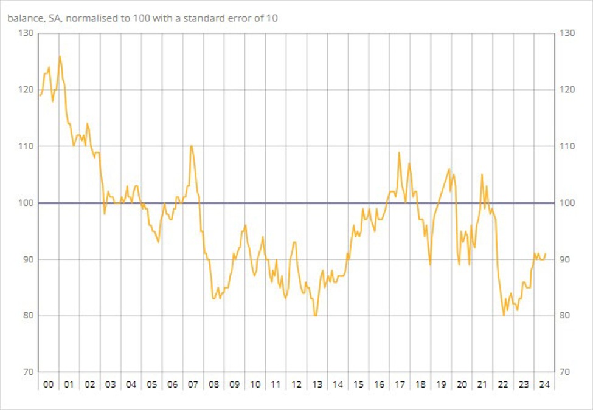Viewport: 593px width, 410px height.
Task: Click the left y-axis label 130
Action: tap(25, 33)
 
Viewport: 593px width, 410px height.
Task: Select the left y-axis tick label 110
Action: tap(25, 146)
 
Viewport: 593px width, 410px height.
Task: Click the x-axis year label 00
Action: tap(48, 384)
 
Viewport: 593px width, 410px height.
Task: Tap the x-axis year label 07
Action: tap(193, 384)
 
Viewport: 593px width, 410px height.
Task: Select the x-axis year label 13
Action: tap(317, 384)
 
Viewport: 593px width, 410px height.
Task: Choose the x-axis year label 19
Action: tap(441, 384)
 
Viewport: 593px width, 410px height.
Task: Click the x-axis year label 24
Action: tap(544, 384)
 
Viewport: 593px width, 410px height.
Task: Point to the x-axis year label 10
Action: tap(255, 384)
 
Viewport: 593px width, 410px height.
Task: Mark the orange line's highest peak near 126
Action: tap(60, 56)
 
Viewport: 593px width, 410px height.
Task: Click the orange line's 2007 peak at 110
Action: tap(191, 146)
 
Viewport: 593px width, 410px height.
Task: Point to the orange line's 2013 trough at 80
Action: tap(315, 316)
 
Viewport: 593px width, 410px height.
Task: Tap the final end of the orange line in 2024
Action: tap(546, 253)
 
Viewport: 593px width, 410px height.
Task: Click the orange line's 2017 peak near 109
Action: tap(399, 152)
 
